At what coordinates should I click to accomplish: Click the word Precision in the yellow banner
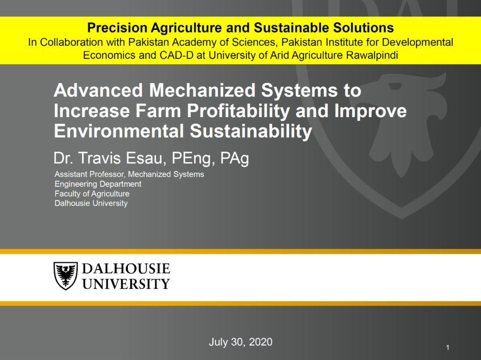[117, 28]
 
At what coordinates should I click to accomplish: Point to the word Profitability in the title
[238, 111]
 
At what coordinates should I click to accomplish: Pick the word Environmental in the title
[119, 131]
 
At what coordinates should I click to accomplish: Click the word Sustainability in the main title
[251, 131]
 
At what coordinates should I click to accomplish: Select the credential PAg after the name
[234, 158]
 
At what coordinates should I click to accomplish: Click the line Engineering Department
[98, 184]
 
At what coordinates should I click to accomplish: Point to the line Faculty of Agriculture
[92, 194]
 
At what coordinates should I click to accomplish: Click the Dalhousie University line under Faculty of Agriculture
[91, 203]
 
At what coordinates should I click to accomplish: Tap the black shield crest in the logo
[66, 275]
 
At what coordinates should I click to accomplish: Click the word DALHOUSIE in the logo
[126, 268]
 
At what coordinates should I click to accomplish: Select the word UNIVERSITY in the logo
[126, 284]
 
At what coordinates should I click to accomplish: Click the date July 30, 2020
[240, 342]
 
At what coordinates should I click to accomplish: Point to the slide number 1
[448, 347]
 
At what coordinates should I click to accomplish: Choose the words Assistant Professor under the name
[90, 174]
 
